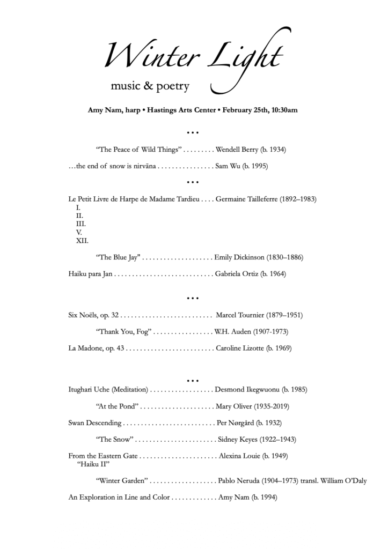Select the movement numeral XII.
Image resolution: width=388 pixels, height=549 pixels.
82,241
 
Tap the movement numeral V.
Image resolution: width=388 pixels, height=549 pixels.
79,232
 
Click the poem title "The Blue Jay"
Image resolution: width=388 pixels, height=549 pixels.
118,257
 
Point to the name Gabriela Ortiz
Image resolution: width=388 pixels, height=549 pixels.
237,274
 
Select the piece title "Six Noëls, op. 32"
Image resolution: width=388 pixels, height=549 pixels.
93,315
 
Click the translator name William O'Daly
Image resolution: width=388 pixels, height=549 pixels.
342,481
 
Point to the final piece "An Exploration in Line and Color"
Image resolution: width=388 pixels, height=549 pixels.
119,498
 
